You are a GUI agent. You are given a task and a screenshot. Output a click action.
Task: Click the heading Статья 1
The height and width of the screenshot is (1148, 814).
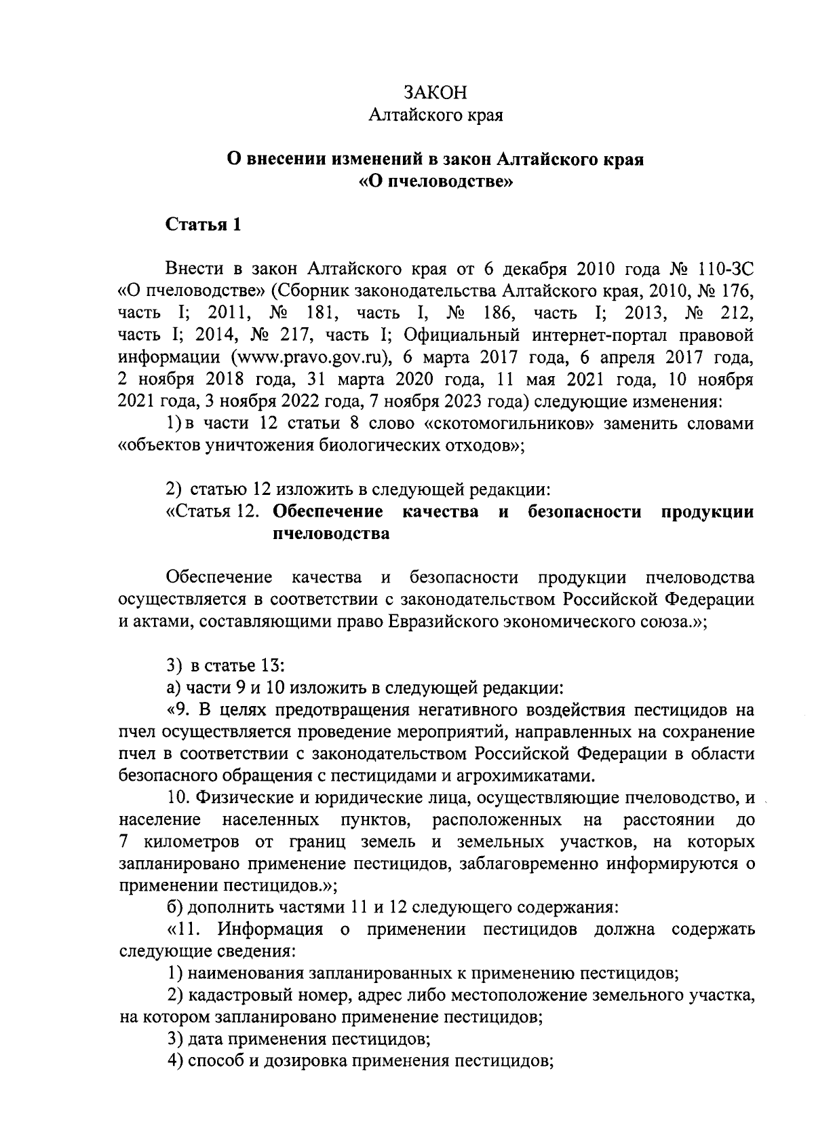point(203,225)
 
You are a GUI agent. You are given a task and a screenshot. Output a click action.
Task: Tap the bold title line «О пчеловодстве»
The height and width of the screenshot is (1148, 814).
point(435,183)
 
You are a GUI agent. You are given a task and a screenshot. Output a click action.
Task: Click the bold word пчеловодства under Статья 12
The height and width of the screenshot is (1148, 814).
point(330,534)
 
